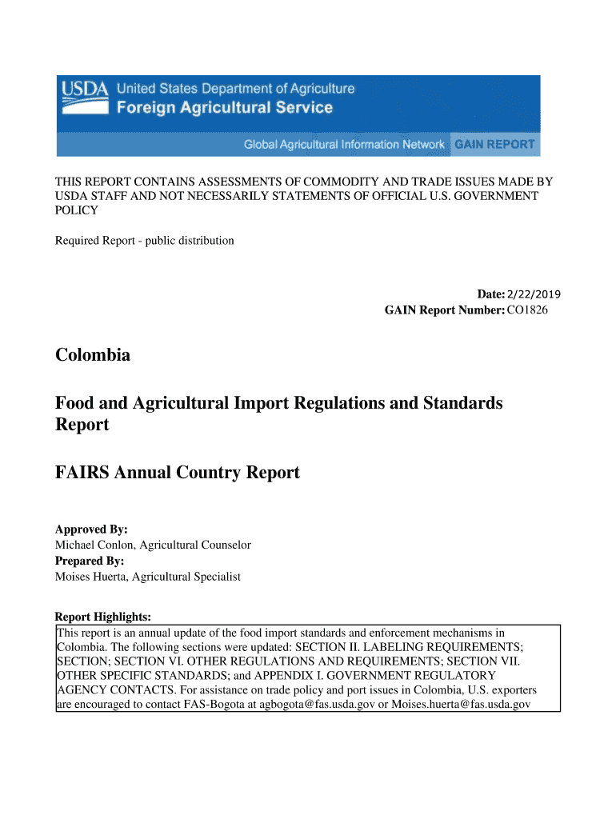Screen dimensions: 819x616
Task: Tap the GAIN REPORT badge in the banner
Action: click(494, 145)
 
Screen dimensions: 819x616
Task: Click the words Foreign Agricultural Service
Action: click(225, 108)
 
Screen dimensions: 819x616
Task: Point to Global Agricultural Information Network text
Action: click(344, 145)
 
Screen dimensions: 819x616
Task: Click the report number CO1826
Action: click(527, 310)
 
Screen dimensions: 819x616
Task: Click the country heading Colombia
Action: click(92, 354)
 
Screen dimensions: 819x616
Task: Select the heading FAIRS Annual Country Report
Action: click(177, 473)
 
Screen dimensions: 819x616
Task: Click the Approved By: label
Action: click(91, 529)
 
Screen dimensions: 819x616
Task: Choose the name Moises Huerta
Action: click(91, 576)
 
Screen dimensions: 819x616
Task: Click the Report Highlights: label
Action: click(102, 617)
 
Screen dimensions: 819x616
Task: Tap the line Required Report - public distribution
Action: click(144, 240)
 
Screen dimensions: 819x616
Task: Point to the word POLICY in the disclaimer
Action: click(76, 210)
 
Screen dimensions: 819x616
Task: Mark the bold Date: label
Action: click(491, 294)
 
